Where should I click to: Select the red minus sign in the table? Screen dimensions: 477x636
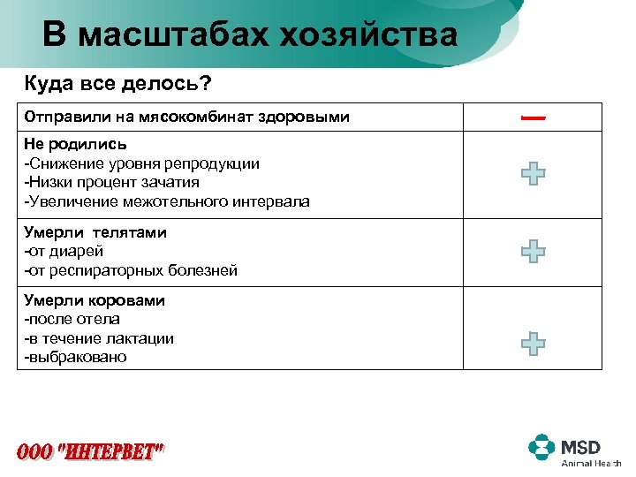coord(532,117)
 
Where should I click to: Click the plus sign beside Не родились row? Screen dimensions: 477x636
coord(533,172)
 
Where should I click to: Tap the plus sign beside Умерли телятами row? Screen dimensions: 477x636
coord(533,252)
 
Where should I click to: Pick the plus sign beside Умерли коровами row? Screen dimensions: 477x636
coord(533,343)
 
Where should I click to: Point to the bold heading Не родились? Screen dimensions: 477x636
coord(76,144)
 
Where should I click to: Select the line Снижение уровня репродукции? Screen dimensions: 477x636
coord(142,163)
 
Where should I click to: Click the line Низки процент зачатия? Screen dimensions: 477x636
coord(112,182)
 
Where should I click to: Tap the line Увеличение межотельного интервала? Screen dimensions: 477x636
coord(167,201)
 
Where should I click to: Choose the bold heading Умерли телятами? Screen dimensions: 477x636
coord(95,232)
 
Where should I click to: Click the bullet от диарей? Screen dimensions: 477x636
coord(65,252)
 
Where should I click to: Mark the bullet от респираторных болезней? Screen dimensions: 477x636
coord(131,270)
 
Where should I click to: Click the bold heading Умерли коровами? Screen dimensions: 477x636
coord(95,300)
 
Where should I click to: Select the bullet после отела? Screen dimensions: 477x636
coord(72,319)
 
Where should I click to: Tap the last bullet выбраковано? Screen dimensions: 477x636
coord(76,357)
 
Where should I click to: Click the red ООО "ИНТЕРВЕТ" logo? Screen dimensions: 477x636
coord(91,451)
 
